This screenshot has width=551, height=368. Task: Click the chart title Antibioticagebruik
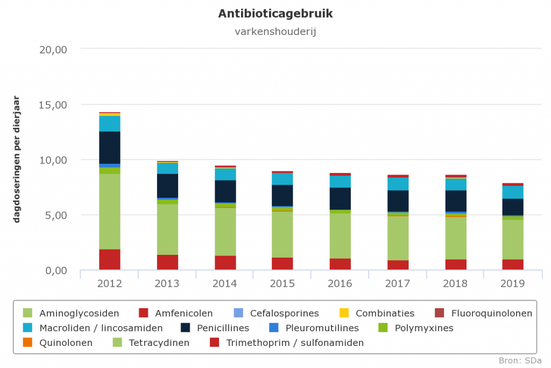pyautogui.click(x=275, y=14)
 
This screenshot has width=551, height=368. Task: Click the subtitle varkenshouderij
pyautogui.click(x=275, y=31)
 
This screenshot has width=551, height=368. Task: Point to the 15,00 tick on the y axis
pyautogui.click(x=53, y=105)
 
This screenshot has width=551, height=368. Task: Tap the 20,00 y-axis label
pyautogui.click(x=53, y=49)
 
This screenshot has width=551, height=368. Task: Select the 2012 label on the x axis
pyautogui.click(x=109, y=283)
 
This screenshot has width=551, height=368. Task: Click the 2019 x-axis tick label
pyautogui.click(x=513, y=283)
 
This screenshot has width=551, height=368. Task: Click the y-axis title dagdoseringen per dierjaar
pyautogui.click(x=17, y=159)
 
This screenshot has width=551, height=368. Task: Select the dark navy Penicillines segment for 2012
pyautogui.click(x=109, y=147)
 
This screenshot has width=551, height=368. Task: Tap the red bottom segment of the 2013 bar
pyautogui.click(x=167, y=262)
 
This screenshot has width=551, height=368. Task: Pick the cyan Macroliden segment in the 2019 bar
pyautogui.click(x=513, y=192)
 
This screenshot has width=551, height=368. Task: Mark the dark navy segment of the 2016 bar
pyautogui.click(x=340, y=198)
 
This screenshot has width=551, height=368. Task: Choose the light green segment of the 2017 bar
pyautogui.click(x=398, y=238)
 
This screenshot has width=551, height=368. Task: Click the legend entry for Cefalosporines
pyautogui.click(x=284, y=314)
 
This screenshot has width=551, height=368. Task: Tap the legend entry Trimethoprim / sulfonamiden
pyautogui.click(x=295, y=343)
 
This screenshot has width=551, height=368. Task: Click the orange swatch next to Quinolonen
pyautogui.click(x=27, y=343)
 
